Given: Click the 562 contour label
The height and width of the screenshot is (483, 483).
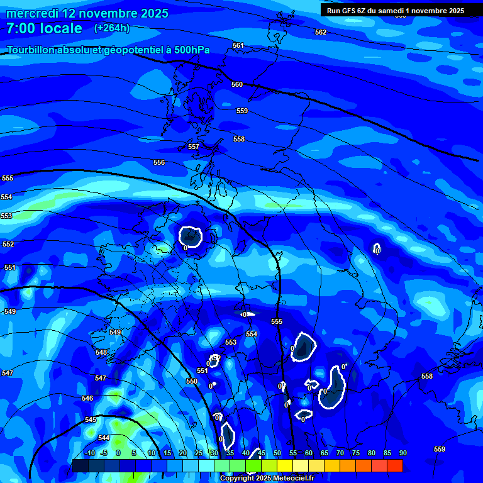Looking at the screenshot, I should (x=321, y=32).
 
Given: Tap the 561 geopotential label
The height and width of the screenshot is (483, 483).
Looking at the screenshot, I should (x=238, y=45).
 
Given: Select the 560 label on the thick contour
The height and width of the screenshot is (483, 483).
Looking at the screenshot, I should (x=237, y=84).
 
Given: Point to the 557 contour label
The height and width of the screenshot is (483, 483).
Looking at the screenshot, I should (x=194, y=147).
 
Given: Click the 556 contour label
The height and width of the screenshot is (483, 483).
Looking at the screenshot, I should (x=159, y=162).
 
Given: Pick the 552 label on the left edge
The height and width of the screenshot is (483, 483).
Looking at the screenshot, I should (x=8, y=244).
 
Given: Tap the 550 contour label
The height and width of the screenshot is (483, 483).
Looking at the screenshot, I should (x=192, y=381).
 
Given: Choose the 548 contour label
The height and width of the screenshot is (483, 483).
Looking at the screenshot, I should (x=101, y=352).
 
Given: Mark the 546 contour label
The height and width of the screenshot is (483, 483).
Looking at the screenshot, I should (x=87, y=398).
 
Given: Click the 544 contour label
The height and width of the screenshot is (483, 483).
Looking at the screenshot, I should (x=104, y=438).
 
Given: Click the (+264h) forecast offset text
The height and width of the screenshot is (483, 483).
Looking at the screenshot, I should (x=112, y=28).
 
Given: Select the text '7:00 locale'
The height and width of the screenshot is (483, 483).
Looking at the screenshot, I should (x=44, y=28).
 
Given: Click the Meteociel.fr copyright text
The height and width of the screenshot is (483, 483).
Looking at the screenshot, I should (x=266, y=478).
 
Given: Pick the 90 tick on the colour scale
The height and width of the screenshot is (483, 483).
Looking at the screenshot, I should (x=402, y=453).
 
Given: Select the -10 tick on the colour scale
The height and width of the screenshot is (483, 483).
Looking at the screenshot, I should (x=89, y=453).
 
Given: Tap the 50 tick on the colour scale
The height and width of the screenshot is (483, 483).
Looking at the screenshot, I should (x=277, y=453).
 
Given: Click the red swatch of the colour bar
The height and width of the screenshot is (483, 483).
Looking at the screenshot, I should (x=394, y=465).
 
